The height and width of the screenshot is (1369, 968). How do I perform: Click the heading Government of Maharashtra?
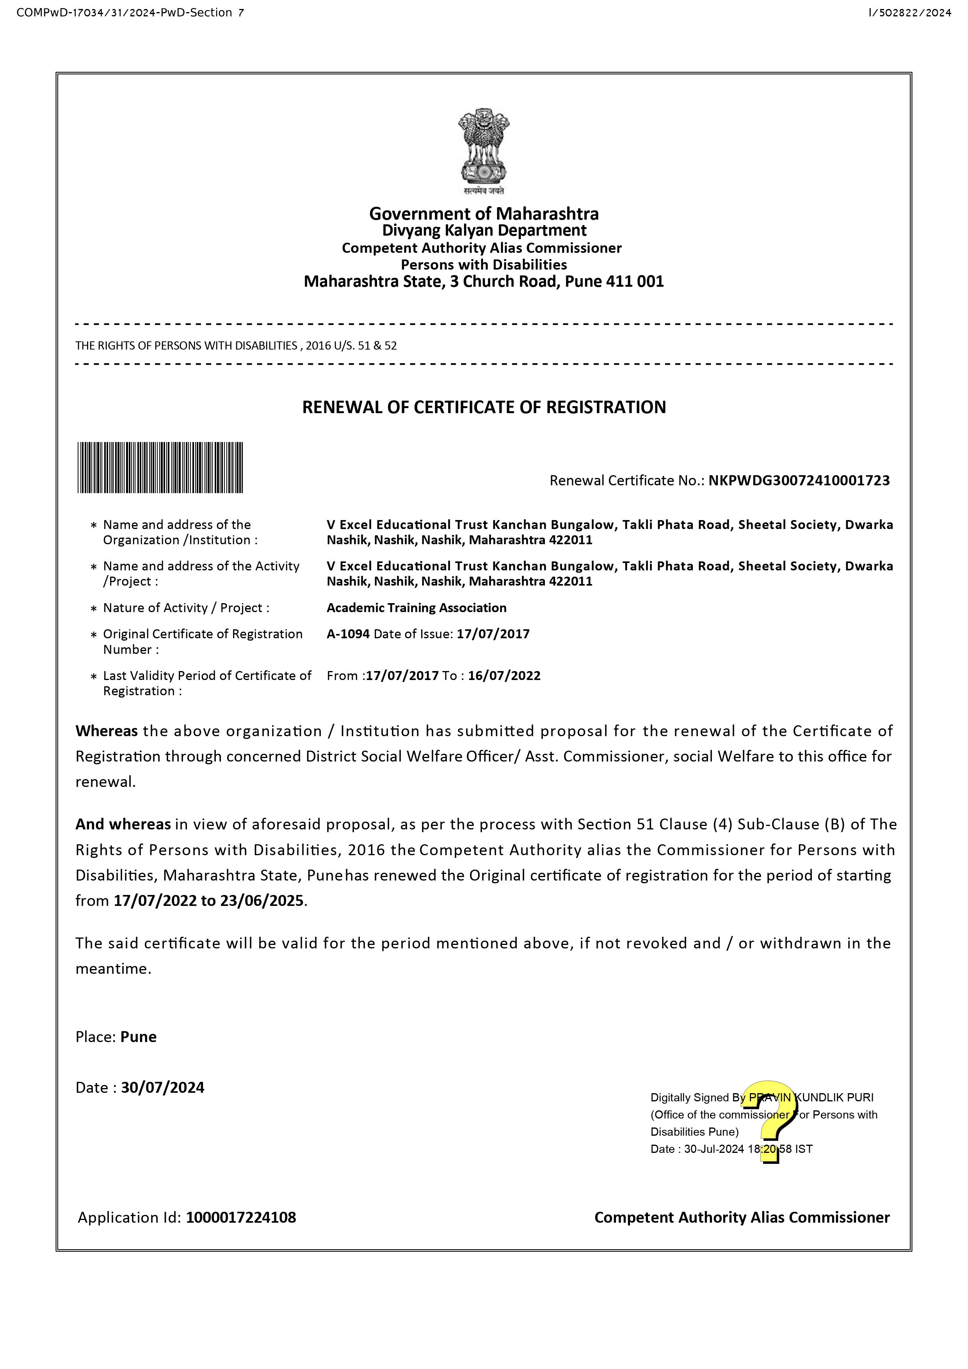tap(484, 213)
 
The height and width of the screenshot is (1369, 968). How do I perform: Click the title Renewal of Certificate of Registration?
tap(484, 407)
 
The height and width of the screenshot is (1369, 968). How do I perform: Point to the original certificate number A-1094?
tap(348, 634)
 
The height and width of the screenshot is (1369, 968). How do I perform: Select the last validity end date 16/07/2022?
tap(504, 676)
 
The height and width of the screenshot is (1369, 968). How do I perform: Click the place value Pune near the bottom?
tap(139, 1037)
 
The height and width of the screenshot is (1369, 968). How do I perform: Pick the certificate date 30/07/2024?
tap(163, 1088)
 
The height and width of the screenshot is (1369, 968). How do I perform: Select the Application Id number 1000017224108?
tap(241, 1218)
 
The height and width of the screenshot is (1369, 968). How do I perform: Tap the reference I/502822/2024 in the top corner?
tap(909, 12)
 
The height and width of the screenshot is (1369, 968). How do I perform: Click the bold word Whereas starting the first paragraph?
tap(106, 731)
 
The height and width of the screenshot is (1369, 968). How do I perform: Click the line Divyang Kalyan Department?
tap(484, 231)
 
